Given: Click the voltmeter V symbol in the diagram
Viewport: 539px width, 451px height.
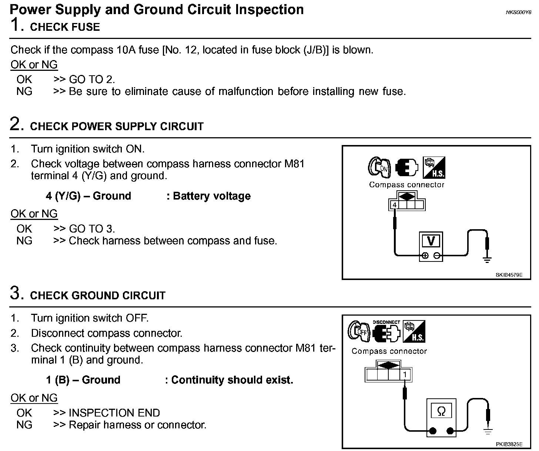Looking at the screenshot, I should click(431, 241).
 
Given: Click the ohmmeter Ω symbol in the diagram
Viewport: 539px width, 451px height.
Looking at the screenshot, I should click(441, 411).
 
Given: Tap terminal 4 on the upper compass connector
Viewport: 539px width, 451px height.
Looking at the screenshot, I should click(395, 205).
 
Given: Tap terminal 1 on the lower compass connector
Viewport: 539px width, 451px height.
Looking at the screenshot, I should click(405, 375).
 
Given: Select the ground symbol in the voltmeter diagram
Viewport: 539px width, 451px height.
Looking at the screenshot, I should click(487, 260).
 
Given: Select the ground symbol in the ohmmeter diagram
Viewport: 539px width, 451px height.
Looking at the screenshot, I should click(488, 431).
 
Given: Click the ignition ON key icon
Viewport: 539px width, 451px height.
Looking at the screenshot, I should click(379, 168).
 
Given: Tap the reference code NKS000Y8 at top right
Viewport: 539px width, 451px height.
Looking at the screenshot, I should click(518, 12).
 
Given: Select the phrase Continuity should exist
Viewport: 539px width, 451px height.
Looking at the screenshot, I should click(232, 380).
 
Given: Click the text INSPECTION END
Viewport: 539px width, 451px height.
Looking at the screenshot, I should click(114, 413).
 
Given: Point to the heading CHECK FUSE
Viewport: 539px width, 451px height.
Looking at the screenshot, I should click(65, 27).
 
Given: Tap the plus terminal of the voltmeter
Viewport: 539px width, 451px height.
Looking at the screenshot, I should click(425, 256).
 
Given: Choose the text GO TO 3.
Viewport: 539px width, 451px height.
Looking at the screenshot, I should click(92, 228).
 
